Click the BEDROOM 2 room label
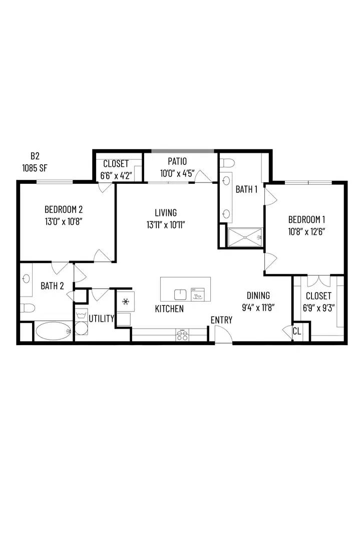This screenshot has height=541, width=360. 64,209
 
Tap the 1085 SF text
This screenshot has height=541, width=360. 35,168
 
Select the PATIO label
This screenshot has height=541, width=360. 177,161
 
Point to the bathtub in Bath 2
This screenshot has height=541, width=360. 54,331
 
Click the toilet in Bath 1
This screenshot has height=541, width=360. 227,162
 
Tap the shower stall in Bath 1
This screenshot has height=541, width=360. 245,237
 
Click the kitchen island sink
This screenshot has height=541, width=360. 180,295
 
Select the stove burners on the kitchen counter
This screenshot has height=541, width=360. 182,335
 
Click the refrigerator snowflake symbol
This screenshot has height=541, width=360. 125,302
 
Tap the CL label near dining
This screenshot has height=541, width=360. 296,331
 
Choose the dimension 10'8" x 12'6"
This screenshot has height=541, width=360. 306,231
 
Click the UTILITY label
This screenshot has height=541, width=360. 101,319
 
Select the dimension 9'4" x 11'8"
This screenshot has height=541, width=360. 258,308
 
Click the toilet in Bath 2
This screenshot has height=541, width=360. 27,308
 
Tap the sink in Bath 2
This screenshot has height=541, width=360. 26,279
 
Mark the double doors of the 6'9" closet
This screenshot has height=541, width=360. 318,281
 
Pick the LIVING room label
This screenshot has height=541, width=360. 166,212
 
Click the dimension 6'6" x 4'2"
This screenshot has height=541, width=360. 116,176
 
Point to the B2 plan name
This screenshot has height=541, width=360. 35,156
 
